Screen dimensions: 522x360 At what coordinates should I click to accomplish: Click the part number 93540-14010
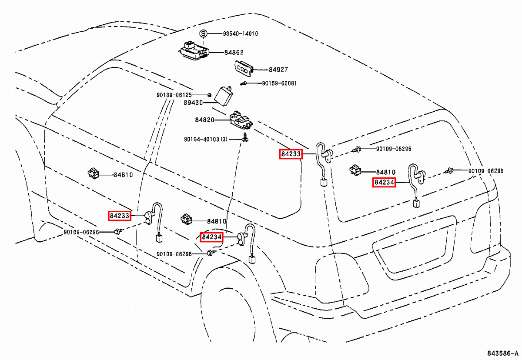click(x=241, y=34)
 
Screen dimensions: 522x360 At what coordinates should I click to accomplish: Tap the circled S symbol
click(x=203, y=34)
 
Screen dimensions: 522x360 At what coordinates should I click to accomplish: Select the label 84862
click(x=234, y=53)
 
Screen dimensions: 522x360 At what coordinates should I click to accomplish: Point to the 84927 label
click(x=278, y=70)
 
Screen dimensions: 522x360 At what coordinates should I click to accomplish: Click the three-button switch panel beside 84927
click(x=244, y=68)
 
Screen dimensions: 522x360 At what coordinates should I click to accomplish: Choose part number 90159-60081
click(x=279, y=83)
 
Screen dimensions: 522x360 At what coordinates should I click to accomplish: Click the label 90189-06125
click(x=174, y=95)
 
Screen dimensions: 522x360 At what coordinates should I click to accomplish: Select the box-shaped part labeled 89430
click(x=224, y=96)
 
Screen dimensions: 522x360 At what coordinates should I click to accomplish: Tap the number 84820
click(x=204, y=120)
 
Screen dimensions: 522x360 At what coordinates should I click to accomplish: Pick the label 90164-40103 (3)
click(x=205, y=139)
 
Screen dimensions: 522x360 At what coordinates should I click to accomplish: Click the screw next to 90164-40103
click(x=245, y=137)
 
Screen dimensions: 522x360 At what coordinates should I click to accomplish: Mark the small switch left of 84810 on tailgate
click(x=355, y=170)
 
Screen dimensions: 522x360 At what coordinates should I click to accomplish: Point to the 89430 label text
click(x=193, y=103)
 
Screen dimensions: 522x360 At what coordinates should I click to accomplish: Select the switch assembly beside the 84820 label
click(x=241, y=120)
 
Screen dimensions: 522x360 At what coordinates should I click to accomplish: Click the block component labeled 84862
click(x=194, y=51)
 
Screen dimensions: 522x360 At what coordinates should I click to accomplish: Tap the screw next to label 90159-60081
click(x=244, y=83)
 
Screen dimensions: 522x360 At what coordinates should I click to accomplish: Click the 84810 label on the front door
click(x=123, y=175)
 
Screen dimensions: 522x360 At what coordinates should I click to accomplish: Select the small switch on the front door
click(x=94, y=173)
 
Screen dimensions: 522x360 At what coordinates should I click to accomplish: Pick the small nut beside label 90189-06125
click(x=209, y=95)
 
